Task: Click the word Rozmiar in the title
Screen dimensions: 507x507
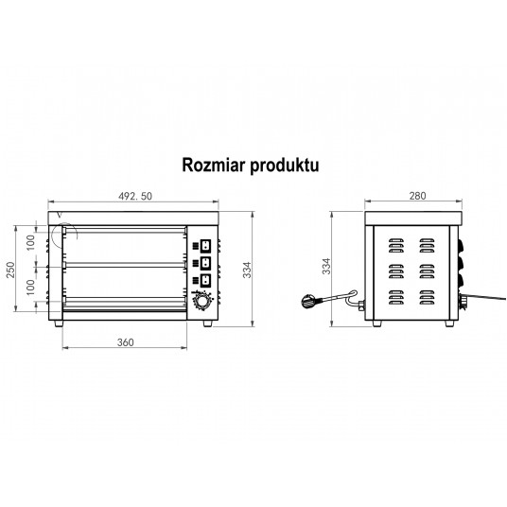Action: (x=214, y=165)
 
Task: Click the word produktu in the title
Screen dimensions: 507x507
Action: (x=285, y=166)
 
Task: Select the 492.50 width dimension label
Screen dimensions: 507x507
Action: (x=135, y=196)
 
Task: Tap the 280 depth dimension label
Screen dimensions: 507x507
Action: (x=417, y=196)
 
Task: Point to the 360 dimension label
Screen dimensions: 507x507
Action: (x=125, y=342)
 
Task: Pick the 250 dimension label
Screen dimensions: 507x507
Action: (x=10, y=270)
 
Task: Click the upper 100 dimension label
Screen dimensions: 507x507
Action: (x=30, y=242)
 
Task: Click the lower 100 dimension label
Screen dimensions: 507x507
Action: (x=30, y=288)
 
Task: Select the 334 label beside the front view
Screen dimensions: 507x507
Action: (x=247, y=270)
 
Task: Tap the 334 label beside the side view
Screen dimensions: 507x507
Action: (x=326, y=266)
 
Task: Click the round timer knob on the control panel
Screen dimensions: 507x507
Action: (x=202, y=302)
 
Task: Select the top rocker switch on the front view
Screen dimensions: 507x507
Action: (x=205, y=246)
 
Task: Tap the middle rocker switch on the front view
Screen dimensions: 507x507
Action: (x=205, y=263)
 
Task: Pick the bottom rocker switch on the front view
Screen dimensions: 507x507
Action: (x=205, y=281)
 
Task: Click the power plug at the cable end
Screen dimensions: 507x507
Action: (x=309, y=301)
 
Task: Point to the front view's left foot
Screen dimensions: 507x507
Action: (x=59, y=323)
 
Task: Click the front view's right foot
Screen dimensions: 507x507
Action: (x=208, y=323)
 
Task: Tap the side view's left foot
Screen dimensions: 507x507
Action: (x=377, y=323)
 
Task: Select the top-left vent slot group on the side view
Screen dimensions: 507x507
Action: (x=396, y=245)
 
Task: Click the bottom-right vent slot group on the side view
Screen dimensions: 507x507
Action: (x=428, y=297)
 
